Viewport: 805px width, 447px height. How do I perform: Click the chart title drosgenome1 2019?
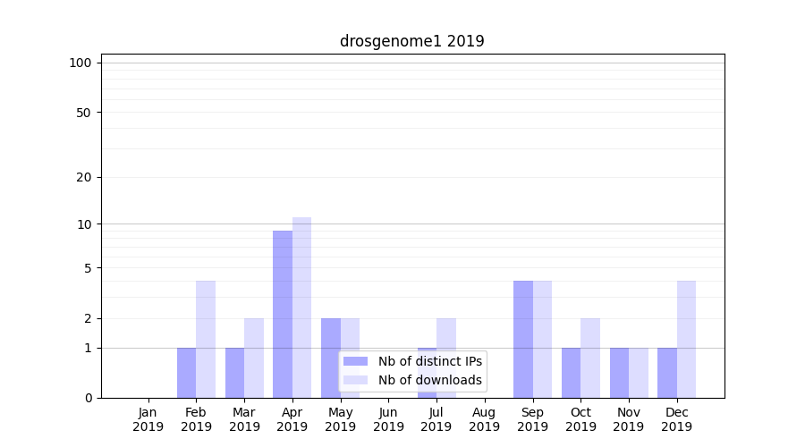[411, 41]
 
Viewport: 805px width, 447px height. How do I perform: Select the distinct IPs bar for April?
[283, 314]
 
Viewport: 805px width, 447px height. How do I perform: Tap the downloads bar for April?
[301, 308]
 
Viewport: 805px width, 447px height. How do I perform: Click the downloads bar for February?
[206, 339]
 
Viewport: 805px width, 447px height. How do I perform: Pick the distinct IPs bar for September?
[522, 339]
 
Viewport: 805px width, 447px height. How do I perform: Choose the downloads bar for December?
[686, 339]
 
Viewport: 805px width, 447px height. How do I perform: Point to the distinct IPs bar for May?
[331, 358]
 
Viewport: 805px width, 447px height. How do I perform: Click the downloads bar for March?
[254, 358]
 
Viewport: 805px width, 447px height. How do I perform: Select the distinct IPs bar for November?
[619, 373]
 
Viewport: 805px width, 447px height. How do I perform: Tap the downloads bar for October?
[590, 358]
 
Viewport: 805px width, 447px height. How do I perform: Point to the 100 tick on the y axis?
[80, 63]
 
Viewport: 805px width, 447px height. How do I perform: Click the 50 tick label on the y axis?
[84, 113]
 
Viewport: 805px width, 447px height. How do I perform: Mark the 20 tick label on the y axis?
[84, 177]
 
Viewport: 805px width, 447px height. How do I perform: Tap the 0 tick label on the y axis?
[88, 398]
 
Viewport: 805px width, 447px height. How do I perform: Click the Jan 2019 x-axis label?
[148, 419]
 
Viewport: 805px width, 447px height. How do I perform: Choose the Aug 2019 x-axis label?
[484, 419]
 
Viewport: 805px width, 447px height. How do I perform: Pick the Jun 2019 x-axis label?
[388, 419]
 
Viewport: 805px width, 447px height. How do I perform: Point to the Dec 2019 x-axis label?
[676, 419]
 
